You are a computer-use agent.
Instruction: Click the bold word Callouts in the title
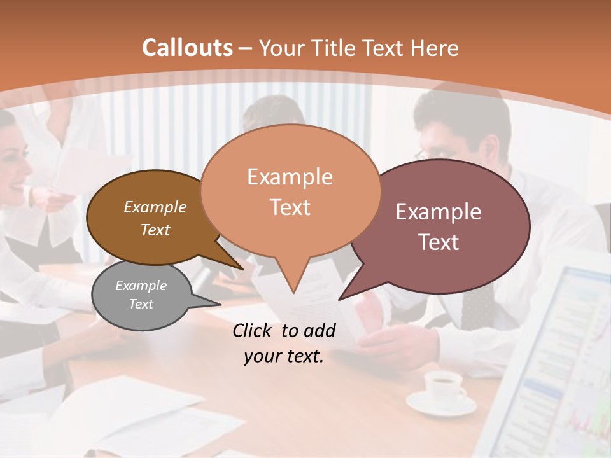click(187, 48)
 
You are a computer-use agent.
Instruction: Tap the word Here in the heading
click(434, 48)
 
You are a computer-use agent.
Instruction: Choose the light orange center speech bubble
click(290, 191)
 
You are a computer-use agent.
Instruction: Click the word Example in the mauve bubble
click(439, 212)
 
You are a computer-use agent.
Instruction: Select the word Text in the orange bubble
click(290, 207)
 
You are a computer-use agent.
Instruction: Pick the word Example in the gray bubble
click(141, 286)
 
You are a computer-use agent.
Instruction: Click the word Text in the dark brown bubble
click(155, 230)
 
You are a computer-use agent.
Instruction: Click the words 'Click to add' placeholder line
click(284, 330)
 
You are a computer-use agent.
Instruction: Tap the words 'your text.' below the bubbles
click(284, 356)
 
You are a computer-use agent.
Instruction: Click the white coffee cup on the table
click(443, 384)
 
